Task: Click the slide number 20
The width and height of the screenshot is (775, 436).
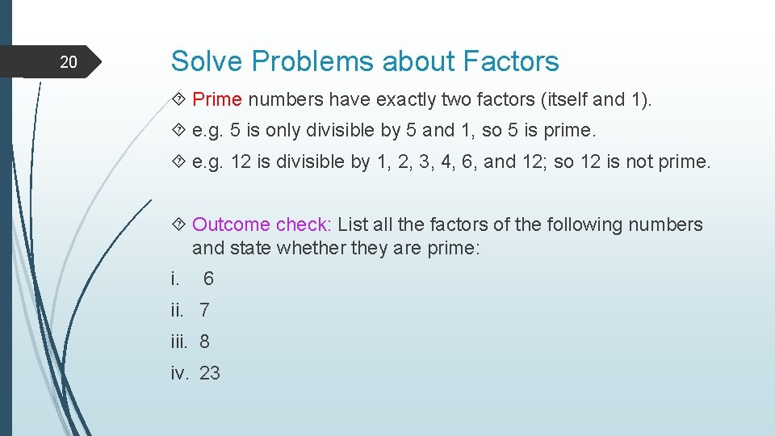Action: [69, 62]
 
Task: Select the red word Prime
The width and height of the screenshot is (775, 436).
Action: [217, 99]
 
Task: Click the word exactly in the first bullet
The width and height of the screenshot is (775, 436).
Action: [403, 99]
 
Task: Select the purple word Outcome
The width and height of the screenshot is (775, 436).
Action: [231, 224]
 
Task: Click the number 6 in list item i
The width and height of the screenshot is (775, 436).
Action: [208, 279]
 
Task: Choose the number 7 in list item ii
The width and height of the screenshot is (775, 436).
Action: [204, 310]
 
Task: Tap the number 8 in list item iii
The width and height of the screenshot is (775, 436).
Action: [204, 342]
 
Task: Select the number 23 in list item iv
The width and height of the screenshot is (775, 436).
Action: [210, 373]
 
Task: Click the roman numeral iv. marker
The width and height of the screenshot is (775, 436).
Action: [179, 373]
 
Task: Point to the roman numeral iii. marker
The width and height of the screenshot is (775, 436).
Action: [179, 342]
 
